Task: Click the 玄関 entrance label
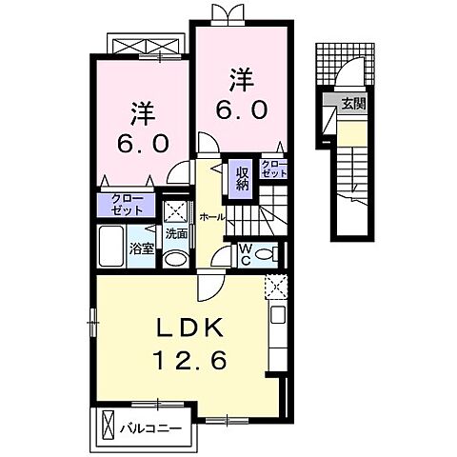(x=354, y=104)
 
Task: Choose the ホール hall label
(x=212, y=217)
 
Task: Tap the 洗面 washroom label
(x=176, y=233)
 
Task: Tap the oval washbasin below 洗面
(x=176, y=258)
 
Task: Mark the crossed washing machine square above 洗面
(x=176, y=210)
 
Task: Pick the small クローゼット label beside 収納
(x=274, y=169)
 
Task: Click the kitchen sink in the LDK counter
(x=279, y=316)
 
